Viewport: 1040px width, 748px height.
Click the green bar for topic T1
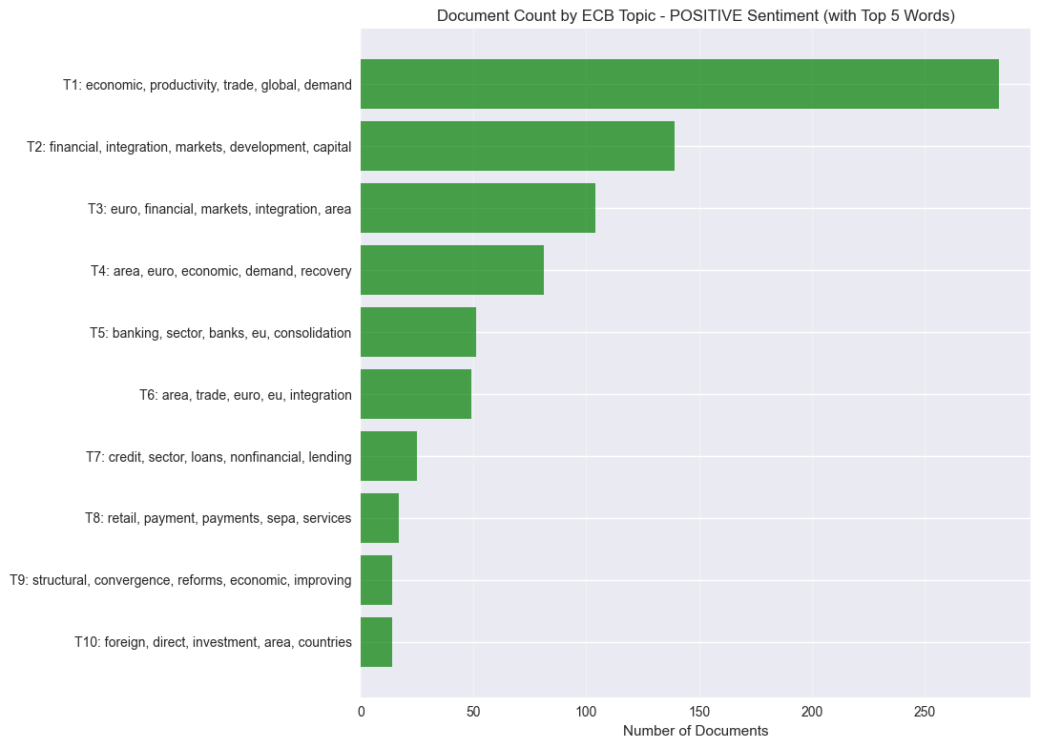click(x=679, y=84)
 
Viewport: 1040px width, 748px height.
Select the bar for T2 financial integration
click(x=517, y=146)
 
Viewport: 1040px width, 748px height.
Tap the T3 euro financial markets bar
click(x=478, y=208)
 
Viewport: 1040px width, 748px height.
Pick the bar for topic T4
click(x=452, y=270)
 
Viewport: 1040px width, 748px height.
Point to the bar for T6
click(x=416, y=394)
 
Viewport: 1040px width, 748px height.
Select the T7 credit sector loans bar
click(x=388, y=456)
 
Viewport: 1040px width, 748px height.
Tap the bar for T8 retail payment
click(x=380, y=518)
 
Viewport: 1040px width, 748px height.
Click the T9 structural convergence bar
click(x=376, y=580)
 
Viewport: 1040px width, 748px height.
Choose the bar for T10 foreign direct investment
click(x=376, y=642)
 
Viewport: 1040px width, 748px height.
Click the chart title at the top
click(x=696, y=15)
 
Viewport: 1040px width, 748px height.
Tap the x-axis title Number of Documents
click(x=696, y=731)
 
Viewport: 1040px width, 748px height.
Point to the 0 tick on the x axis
click(x=361, y=711)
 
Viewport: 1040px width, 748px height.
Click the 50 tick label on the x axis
click(x=473, y=711)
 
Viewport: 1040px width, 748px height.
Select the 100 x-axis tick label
click(x=586, y=711)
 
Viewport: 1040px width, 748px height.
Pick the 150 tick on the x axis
click(x=699, y=711)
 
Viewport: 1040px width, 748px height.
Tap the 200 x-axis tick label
click(x=812, y=711)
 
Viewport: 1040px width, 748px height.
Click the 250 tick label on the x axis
click(x=925, y=711)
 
